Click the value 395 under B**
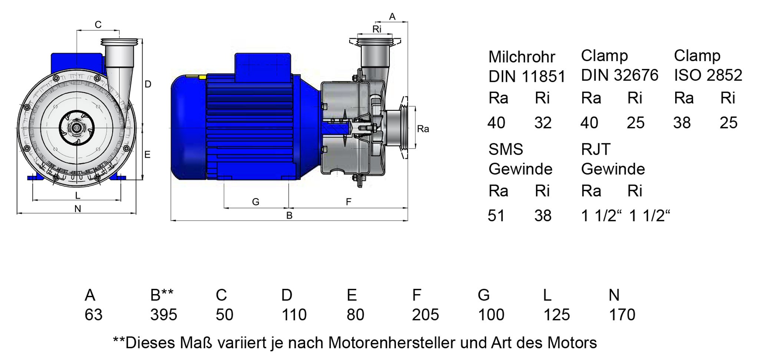click(163, 315)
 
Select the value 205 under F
click(425, 315)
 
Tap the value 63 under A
click(93, 315)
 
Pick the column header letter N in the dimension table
click(614, 295)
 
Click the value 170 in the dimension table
click(622, 315)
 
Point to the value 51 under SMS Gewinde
click(496, 216)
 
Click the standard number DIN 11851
click(527, 77)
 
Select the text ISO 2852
click(708, 75)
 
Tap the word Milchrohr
click(521, 57)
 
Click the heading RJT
click(596, 149)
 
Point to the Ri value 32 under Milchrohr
click(543, 123)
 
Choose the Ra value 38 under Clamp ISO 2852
click(682, 123)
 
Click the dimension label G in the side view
click(256, 202)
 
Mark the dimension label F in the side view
click(348, 202)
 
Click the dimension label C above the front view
click(98, 24)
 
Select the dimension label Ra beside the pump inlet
click(423, 129)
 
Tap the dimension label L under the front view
click(77, 195)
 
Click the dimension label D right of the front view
click(148, 84)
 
